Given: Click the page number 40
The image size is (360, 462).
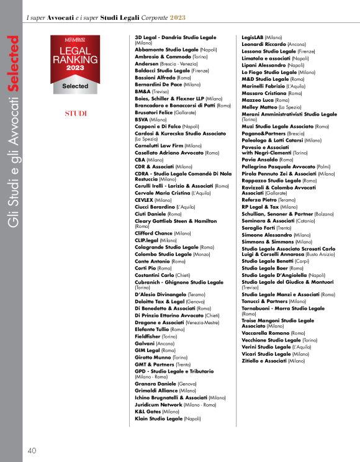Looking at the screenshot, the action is click(x=32, y=450).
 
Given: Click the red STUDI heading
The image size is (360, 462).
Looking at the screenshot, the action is click(x=76, y=114).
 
